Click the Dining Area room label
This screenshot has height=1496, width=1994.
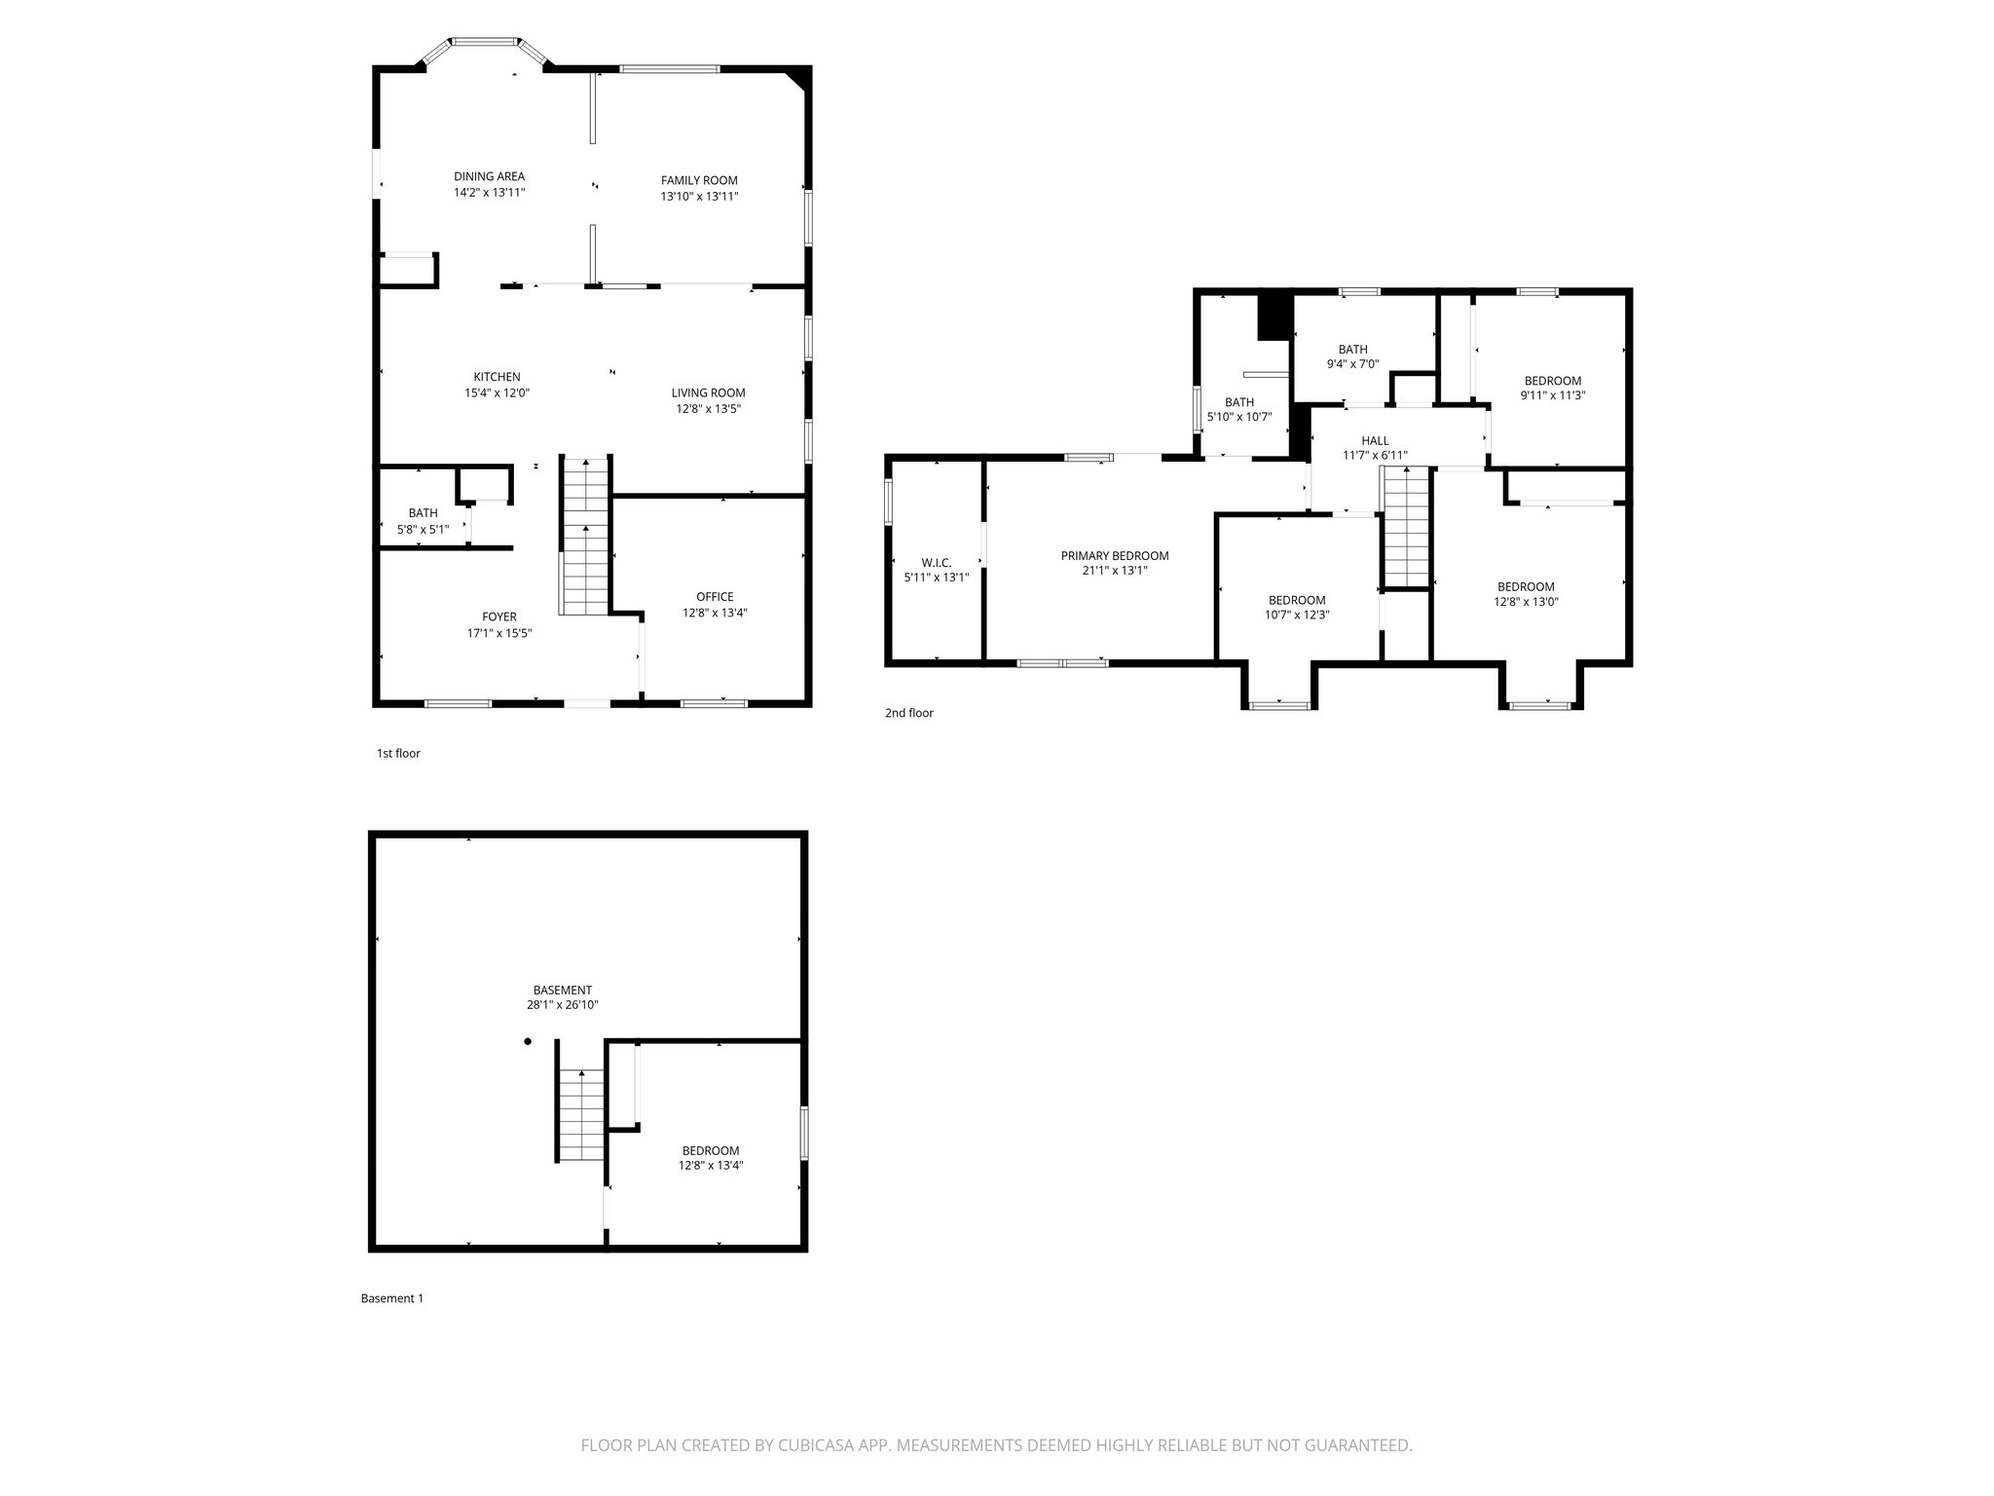489,176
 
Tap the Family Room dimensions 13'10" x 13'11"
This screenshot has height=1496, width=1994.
699,197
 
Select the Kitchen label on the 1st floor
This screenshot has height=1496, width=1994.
497,377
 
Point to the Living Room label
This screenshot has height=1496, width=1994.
708,393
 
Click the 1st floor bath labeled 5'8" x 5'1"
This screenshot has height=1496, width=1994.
423,521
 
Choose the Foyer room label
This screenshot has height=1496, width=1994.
498,617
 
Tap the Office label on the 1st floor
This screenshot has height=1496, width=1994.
715,597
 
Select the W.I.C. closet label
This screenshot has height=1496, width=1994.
936,563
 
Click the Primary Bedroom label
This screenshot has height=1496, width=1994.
1114,556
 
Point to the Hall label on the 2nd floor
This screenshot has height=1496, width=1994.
1375,441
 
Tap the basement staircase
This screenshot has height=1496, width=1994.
581,1114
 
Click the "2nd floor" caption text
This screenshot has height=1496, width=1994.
908,713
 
